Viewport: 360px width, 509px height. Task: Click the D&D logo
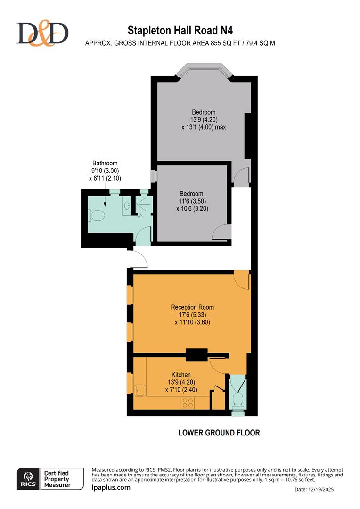pos(42,33)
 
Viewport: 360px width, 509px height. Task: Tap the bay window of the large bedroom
pos(204,71)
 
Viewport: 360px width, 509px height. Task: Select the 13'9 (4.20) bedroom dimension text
pos(203,120)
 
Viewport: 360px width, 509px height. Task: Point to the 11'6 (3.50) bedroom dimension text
pos(191,201)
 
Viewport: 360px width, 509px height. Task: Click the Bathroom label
pos(105,164)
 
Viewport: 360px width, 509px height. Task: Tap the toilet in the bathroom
pos(97,215)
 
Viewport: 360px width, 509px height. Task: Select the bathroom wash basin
pos(126,205)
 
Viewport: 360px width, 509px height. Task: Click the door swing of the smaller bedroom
pos(220,232)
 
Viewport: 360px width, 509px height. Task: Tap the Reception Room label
pos(188,307)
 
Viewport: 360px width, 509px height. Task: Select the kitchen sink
pos(140,390)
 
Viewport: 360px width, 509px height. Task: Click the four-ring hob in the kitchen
pos(188,402)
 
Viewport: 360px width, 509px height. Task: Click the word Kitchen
pos(181,375)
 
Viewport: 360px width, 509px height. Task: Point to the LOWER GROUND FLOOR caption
pos(219,433)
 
